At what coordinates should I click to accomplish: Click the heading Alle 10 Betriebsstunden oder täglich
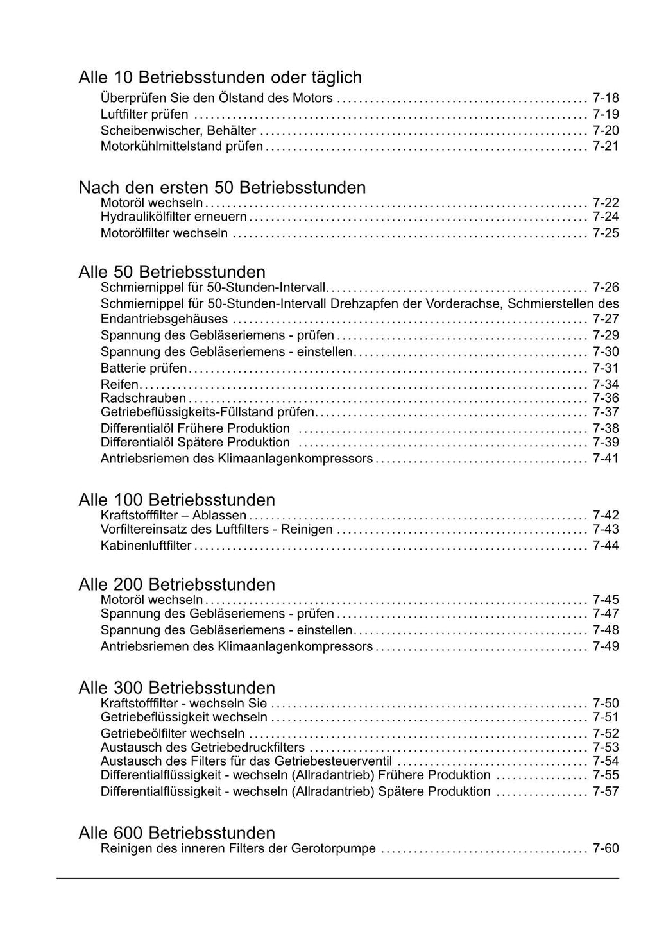[220, 78]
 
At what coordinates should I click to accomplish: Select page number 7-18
[606, 98]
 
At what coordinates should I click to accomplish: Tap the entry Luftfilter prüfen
[144, 115]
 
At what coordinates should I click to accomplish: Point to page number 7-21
[606, 146]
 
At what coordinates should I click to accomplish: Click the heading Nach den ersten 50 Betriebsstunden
[222, 187]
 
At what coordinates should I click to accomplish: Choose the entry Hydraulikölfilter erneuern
[173, 217]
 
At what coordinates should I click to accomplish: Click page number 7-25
[606, 233]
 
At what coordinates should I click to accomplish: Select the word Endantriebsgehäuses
[164, 319]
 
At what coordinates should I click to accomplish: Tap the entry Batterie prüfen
[144, 368]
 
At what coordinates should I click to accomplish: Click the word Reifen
[119, 384]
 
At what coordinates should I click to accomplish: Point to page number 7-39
[606, 443]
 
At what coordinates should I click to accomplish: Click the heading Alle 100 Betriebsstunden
[176, 500]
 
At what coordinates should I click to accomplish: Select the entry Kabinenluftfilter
[146, 546]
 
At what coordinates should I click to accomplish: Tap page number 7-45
[606, 600]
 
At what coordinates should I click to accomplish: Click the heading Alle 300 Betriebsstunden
[176, 688]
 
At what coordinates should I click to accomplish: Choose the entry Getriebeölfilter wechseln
[173, 733]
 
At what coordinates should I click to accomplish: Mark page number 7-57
[606, 791]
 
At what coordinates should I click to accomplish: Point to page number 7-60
[606, 848]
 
